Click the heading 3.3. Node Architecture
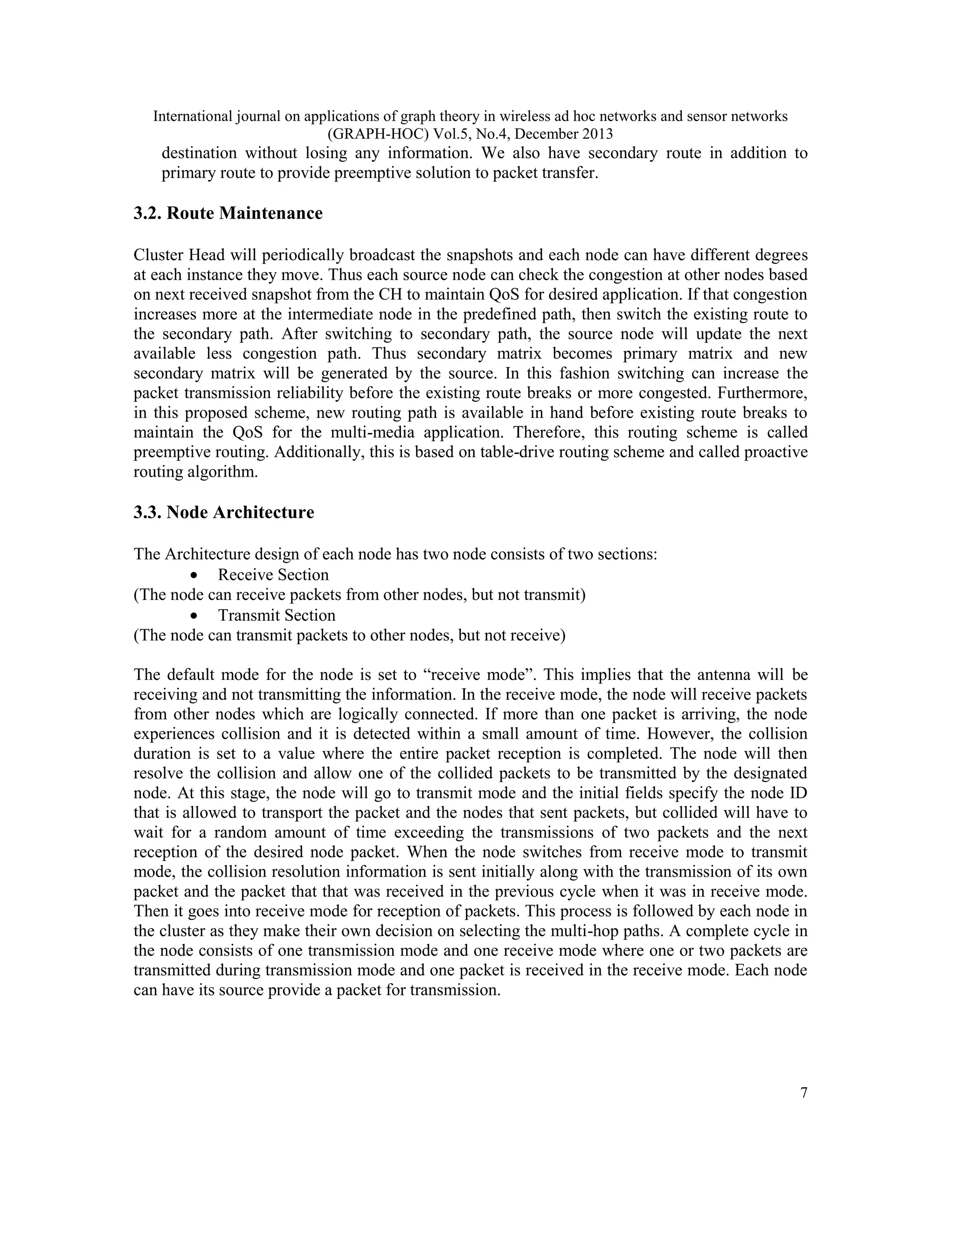[x=224, y=512]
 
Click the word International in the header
[x=193, y=117]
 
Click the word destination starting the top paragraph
[x=199, y=153]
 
